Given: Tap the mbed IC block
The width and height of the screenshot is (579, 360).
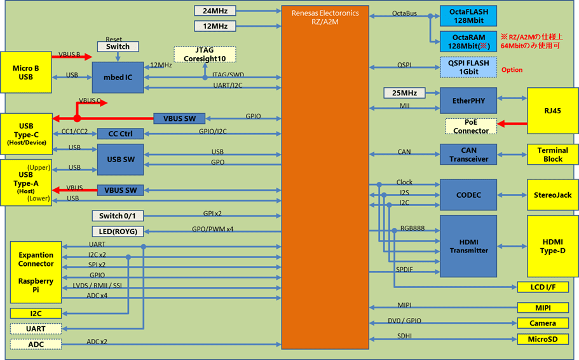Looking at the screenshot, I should click(118, 78).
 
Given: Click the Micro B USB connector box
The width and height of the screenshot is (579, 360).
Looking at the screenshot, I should click(26, 73).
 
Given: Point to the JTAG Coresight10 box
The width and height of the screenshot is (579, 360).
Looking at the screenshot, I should click(205, 55).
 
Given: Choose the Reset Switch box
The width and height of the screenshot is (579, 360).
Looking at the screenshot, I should click(118, 46).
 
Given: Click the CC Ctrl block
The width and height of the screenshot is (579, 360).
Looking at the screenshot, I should click(120, 134).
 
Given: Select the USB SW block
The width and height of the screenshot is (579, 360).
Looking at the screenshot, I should click(120, 159).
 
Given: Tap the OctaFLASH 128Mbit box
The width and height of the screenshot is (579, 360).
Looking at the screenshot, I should click(468, 16).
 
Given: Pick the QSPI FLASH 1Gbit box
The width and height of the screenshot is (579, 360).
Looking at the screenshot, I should click(468, 67).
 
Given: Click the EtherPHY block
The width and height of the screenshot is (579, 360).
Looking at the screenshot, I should click(468, 100).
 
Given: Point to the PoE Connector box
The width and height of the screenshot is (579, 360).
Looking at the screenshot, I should click(471, 127).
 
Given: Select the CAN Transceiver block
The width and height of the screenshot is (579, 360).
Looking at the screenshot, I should click(468, 155).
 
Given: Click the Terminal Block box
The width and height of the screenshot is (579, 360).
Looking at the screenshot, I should click(552, 155).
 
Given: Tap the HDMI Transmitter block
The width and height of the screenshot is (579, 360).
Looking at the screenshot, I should click(468, 246).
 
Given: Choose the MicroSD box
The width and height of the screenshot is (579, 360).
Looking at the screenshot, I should click(543, 340).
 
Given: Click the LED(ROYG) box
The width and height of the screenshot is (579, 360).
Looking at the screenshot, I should click(118, 232).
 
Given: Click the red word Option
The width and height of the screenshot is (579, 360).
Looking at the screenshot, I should click(512, 70).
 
